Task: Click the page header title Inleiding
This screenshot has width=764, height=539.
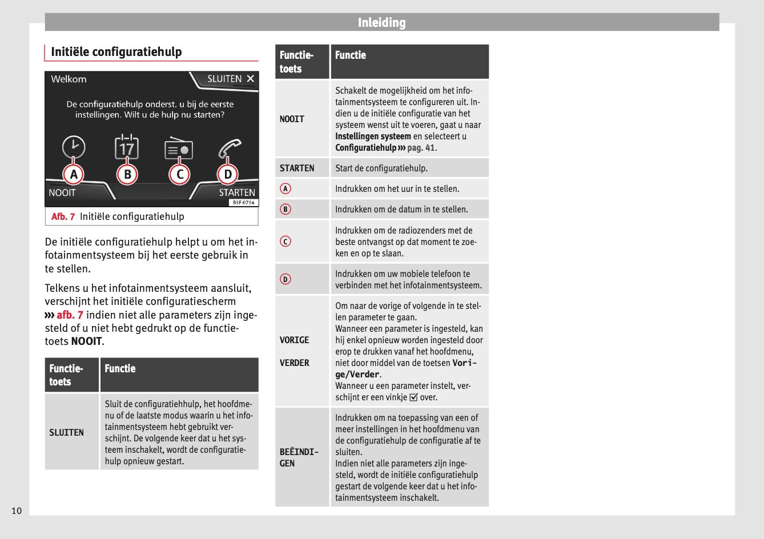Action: pos(381,23)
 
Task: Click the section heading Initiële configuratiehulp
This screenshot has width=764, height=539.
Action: pos(116,52)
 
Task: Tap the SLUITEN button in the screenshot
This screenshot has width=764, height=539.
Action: pos(230,79)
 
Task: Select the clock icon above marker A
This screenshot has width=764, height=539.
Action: pos(74,147)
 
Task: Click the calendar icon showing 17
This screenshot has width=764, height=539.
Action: pos(126,148)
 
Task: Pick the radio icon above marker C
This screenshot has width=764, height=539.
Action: pos(179,149)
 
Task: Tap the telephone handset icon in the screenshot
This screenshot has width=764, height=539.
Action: pos(230,148)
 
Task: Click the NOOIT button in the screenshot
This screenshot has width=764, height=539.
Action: pos(62,192)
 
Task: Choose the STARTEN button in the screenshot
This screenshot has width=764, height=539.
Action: pos(236,192)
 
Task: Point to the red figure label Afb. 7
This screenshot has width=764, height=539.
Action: pos(63,216)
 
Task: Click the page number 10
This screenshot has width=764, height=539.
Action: pos(17,510)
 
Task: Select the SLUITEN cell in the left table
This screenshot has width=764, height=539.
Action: pos(66,432)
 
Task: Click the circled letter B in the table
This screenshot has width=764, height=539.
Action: pos(286,209)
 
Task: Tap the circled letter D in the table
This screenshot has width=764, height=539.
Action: pos(286,279)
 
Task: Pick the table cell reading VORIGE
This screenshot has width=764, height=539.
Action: pos(294,340)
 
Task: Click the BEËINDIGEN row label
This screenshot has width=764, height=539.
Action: pos(299,457)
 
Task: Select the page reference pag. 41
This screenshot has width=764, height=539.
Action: pos(421,148)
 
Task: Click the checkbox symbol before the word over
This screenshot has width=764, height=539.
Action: pos(413,397)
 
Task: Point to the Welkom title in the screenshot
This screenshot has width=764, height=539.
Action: pos(69,79)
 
